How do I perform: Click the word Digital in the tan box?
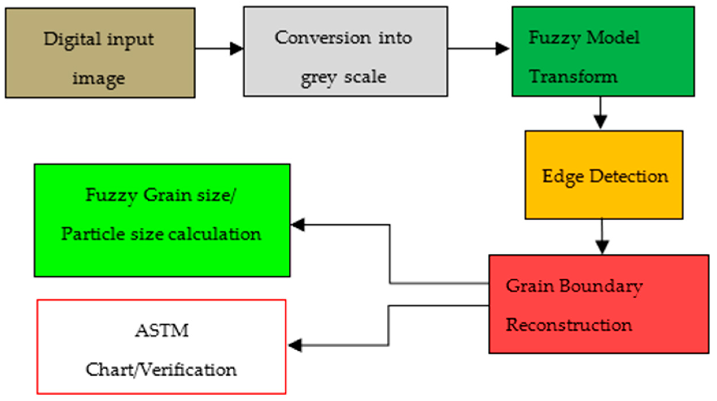tap(72, 40)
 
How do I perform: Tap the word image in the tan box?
tap(98, 78)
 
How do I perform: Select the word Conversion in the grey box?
tap(322, 38)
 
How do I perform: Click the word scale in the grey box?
tap(365, 77)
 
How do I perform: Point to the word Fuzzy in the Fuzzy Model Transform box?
tap(554, 38)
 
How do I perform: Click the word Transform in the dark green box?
tap(573, 77)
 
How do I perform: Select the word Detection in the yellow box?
tap(628, 176)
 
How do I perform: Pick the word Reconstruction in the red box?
tap(569, 325)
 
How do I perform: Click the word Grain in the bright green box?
tap(167, 195)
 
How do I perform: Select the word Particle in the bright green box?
tap(93, 234)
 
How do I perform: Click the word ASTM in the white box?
tap(162, 331)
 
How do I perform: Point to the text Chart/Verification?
tap(161, 370)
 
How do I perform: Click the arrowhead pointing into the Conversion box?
tap(236, 49)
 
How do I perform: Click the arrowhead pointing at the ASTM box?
tap(295, 345)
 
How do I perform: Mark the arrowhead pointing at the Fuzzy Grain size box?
tap(298, 225)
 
